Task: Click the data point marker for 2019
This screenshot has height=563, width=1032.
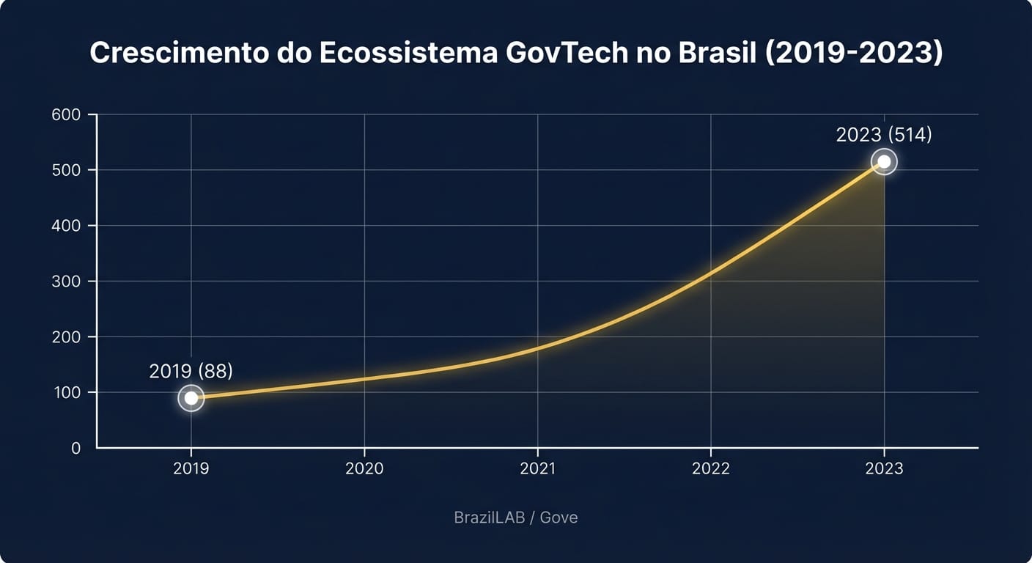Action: coord(191,398)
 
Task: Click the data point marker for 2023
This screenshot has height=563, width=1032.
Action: coord(884,161)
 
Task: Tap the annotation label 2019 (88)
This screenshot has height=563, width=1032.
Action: coord(191,371)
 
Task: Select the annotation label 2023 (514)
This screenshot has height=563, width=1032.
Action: coord(884,135)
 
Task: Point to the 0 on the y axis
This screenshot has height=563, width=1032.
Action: coord(76,448)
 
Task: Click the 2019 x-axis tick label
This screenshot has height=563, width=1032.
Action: coord(191,468)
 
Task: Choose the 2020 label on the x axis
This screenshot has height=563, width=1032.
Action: coord(364,468)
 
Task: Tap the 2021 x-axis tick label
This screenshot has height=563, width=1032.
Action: coord(537,468)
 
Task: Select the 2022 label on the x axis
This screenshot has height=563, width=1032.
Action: coord(710,468)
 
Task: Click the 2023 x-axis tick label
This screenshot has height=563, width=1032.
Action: coord(884,468)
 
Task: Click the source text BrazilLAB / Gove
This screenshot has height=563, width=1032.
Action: coord(516,518)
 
